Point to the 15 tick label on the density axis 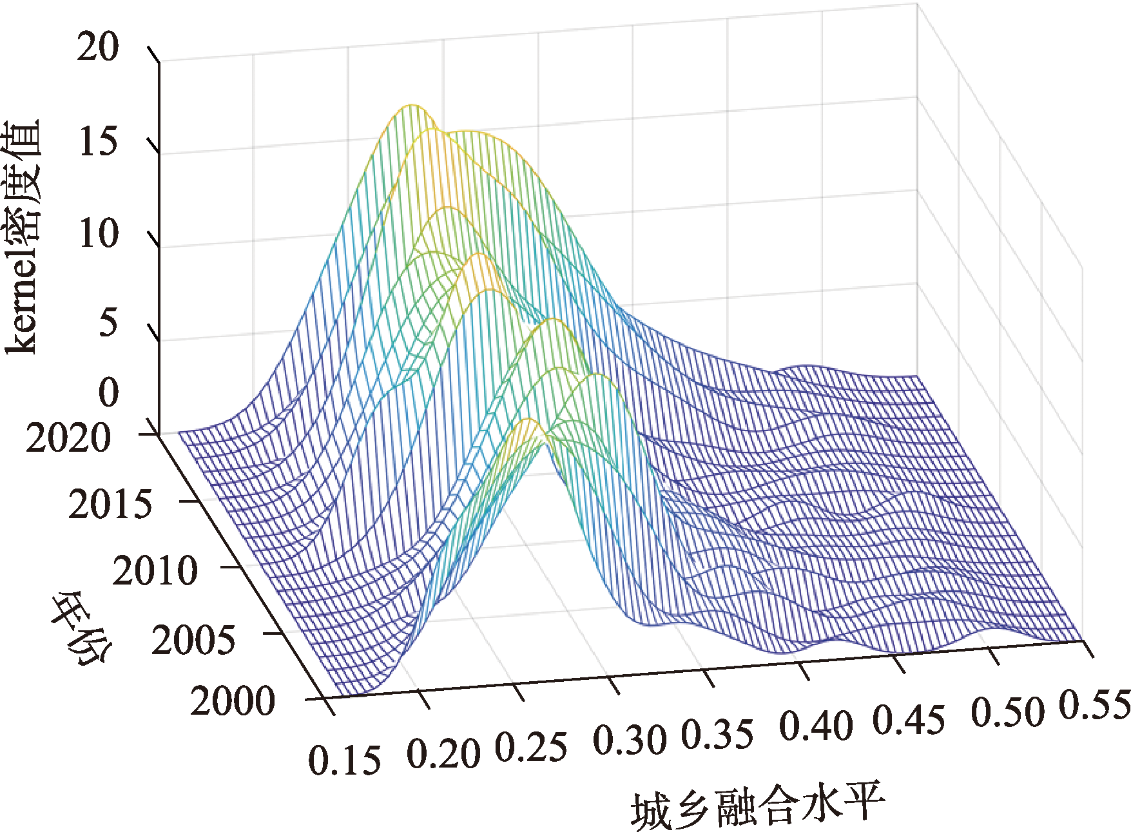click(98, 141)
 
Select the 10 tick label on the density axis click(98, 233)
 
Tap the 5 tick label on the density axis click(108, 322)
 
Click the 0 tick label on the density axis click(108, 392)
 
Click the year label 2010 click(155, 571)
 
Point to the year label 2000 click(233, 701)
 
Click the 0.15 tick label click(344, 760)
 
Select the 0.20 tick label click(443, 753)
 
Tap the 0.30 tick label click(630, 740)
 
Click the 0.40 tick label click(817, 725)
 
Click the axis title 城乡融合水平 click(758, 806)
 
